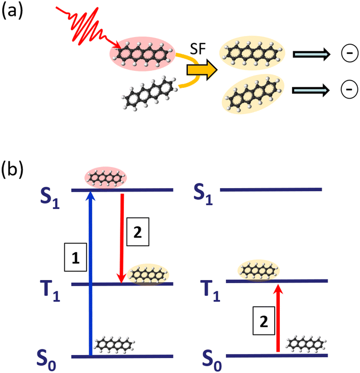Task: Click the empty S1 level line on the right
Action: (x=271, y=190)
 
